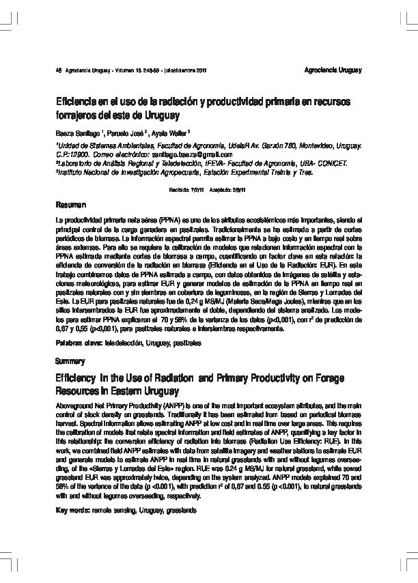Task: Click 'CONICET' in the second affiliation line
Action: (x=330, y=164)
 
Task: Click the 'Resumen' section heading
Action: (x=71, y=205)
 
